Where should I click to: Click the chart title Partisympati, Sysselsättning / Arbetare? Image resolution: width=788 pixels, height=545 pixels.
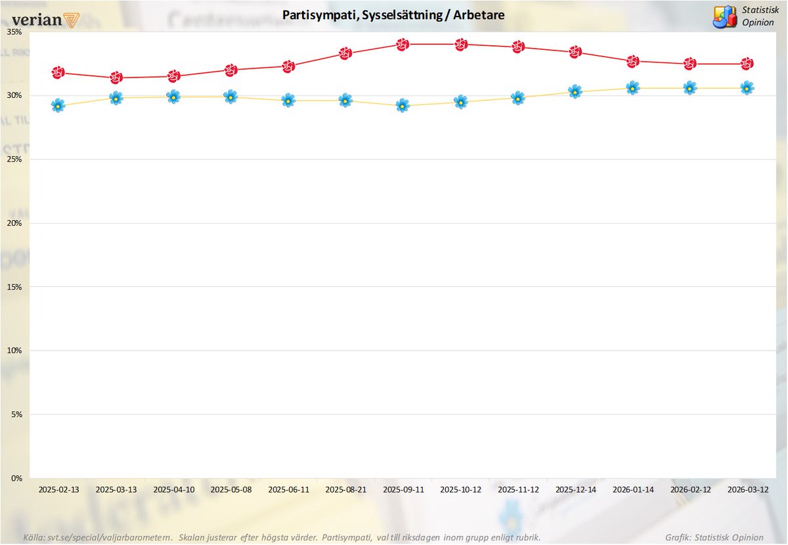(x=394, y=14)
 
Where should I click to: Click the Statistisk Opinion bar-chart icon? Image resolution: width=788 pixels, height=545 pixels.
(x=725, y=16)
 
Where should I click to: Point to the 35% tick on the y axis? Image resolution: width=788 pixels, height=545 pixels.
(x=15, y=32)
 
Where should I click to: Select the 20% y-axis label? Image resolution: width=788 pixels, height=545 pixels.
(x=15, y=223)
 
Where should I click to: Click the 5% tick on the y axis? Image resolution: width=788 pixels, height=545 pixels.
(x=17, y=414)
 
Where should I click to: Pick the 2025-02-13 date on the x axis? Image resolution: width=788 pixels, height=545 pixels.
(x=58, y=489)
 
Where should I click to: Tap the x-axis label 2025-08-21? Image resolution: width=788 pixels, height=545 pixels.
(x=345, y=489)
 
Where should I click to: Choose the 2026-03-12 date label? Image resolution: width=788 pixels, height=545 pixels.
(x=747, y=489)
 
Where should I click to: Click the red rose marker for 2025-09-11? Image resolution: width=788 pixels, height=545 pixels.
(x=403, y=45)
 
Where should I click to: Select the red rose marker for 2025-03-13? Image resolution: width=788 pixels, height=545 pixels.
(x=116, y=77)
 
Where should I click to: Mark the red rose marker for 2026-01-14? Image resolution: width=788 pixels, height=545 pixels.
(x=632, y=61)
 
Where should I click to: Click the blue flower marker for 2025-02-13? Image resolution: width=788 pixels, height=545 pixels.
(x=58, y=105)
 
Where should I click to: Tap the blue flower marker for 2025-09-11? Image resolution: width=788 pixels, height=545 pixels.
(x=403, y=105)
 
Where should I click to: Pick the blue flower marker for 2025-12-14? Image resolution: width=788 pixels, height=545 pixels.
(x=575, y=92)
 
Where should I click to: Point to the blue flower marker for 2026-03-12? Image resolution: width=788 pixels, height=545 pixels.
(x=747, y=88)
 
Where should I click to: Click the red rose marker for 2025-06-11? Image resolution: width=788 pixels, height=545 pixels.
(x=288, y=66)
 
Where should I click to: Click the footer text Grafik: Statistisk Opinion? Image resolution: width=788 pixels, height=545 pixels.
(x=714, y=537)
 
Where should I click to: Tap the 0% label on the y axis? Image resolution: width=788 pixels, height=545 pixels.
(x=17, y=478)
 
